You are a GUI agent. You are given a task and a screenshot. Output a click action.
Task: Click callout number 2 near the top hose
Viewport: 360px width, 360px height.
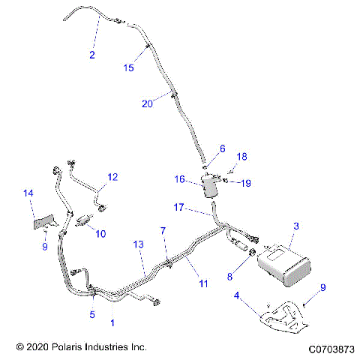tap(92, 55)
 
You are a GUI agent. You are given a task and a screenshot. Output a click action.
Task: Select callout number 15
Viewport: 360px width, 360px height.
tap(128, 68)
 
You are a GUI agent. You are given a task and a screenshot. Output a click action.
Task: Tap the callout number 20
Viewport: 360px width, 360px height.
tap(148, 105)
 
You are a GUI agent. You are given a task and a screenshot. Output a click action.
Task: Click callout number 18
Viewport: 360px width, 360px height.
tap(241, 156)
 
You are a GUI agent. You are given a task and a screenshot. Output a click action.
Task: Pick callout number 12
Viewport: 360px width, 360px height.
tap(112, 178)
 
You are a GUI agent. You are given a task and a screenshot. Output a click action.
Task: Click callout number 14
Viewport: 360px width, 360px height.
tap(28, 193)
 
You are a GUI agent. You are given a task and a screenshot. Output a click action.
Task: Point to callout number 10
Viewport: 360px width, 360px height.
tap(100, 233)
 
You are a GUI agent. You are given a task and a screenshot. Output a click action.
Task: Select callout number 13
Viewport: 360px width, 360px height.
tap(137, 244)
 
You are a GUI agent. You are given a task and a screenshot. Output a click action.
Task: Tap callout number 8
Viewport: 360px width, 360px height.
tap(229, 276)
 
